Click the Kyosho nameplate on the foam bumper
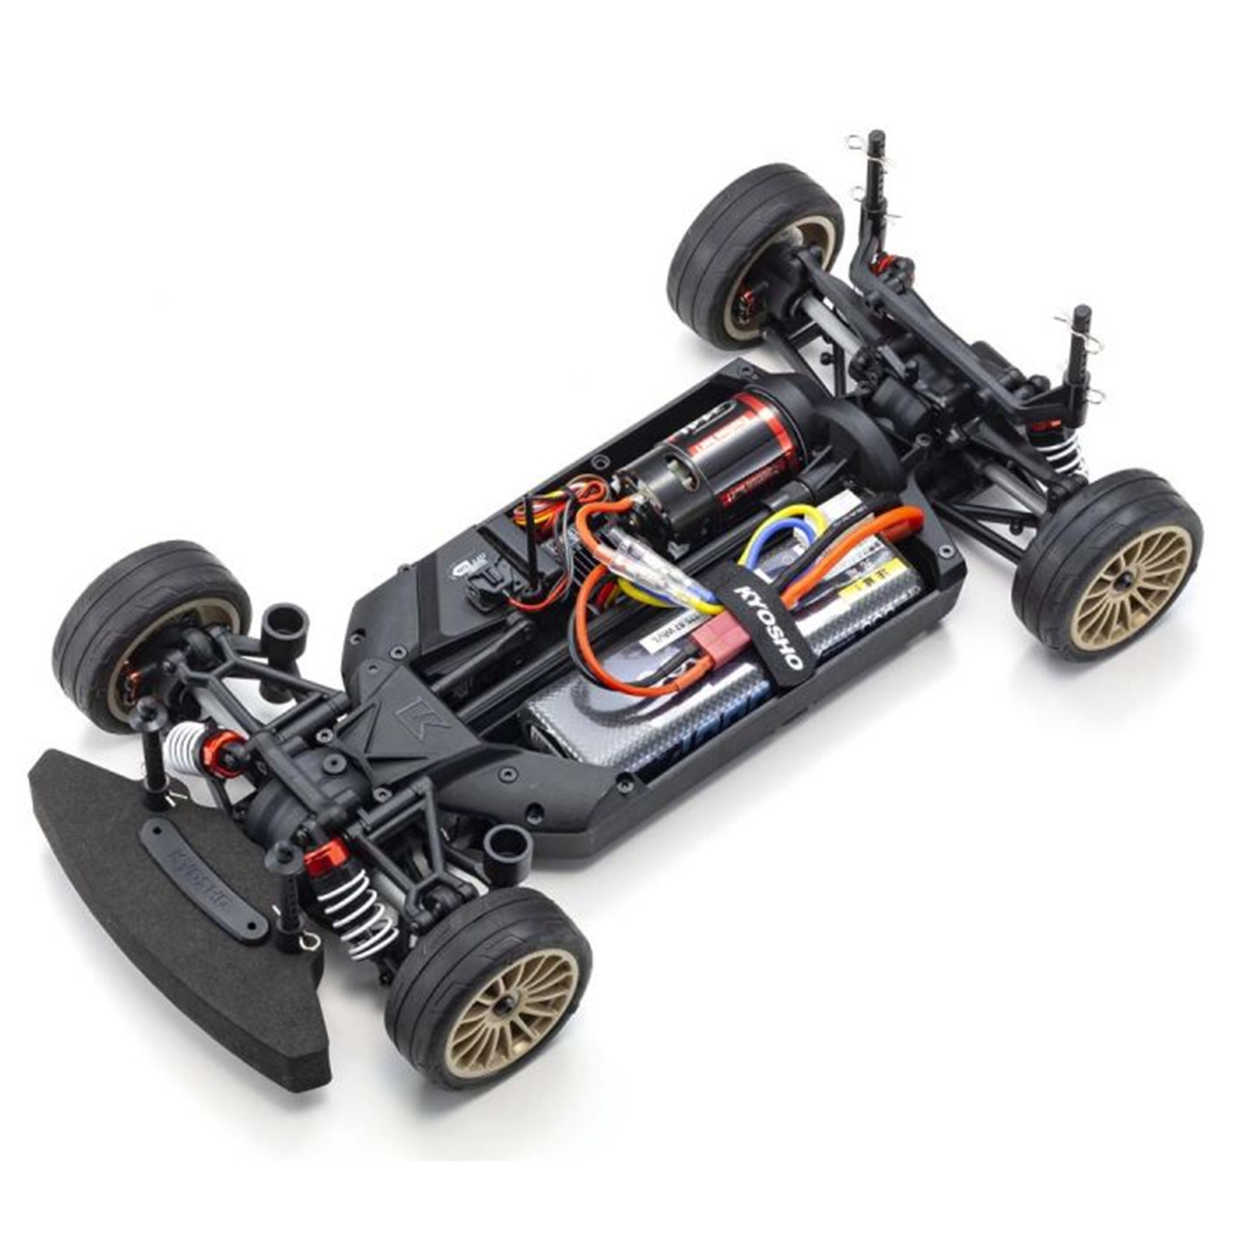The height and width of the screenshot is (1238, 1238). tap(205, 878)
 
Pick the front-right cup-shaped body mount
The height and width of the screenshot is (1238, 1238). tap(507, 851)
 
